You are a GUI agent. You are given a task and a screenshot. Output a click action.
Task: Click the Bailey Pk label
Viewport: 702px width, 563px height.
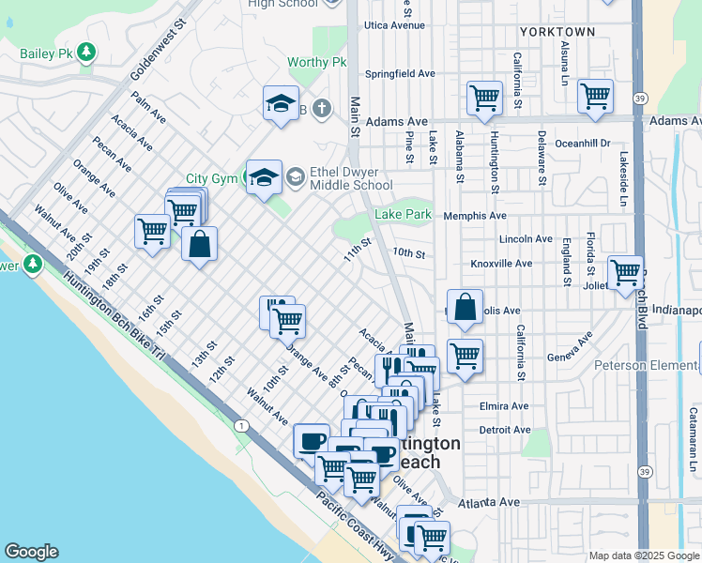coord(47,53)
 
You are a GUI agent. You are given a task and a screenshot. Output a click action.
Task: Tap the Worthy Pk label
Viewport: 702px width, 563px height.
coord(318,63)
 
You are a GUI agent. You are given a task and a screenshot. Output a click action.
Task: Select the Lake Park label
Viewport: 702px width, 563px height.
coord(403,215)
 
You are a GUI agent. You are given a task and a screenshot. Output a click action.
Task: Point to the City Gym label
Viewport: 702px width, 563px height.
coord(208,178)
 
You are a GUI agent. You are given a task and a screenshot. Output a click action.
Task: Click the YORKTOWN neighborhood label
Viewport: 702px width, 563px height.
coord(557,32)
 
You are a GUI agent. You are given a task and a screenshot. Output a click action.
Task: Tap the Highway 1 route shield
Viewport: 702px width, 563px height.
coord(242,426)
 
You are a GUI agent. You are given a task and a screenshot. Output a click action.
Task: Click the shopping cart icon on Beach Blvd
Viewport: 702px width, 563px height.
coord(625,273)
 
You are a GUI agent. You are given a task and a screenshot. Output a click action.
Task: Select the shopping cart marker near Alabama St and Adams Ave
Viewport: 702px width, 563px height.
coord(484,98)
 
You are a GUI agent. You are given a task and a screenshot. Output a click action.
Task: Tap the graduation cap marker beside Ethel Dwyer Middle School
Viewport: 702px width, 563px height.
coord(264,175)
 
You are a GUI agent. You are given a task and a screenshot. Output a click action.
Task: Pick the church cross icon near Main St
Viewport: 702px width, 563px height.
coord(321,109)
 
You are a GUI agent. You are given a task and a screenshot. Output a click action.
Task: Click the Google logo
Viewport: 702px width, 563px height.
coord(31,553)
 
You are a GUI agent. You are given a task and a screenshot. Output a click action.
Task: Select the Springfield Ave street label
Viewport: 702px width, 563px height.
coord(401,73)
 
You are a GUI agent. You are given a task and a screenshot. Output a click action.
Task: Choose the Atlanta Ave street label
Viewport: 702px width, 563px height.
coord(489,503)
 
